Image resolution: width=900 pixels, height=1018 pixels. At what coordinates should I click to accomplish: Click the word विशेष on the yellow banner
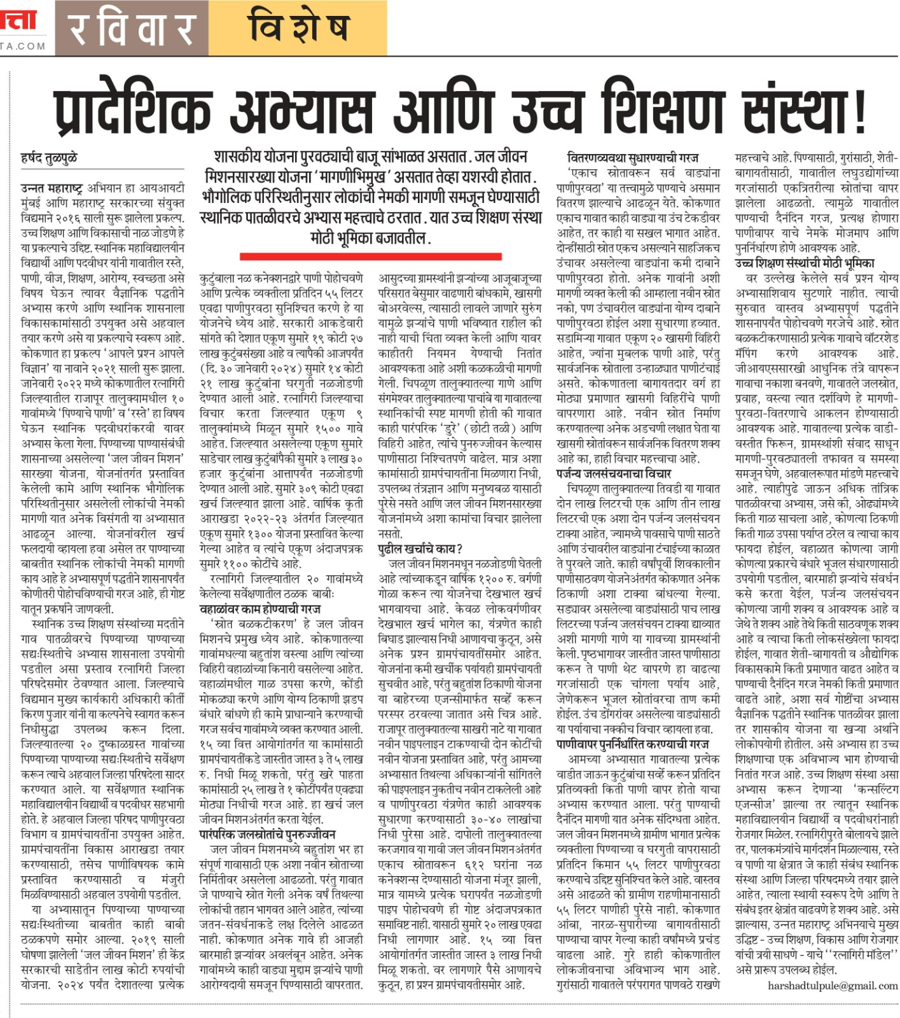pos(299,29)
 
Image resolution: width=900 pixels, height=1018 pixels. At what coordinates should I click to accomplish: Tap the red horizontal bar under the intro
pos(370,256)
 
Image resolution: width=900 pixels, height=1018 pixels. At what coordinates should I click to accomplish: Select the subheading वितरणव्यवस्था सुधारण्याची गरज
pos(632,157)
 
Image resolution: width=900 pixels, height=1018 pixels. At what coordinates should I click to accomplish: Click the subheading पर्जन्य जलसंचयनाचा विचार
pos(613,473)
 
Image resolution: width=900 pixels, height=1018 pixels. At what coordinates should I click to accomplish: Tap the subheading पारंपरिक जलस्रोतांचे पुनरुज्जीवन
pos(268,834)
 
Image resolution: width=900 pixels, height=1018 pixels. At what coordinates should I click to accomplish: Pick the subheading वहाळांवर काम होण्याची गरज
pos(260,609)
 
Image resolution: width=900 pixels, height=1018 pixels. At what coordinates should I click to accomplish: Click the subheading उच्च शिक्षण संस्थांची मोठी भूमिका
pos(805,263)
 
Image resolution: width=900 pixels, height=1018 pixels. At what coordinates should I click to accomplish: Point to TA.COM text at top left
pos(23,46)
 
